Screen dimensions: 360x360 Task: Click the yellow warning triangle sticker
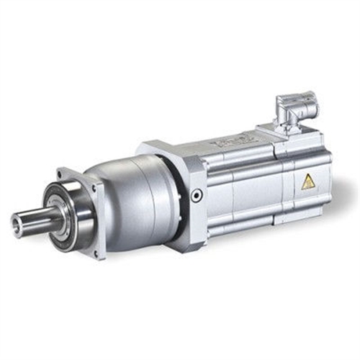pyautogui.click(x=308, y=182)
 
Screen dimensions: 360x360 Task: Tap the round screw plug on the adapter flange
pyautogui.click(x=197, y=194)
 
